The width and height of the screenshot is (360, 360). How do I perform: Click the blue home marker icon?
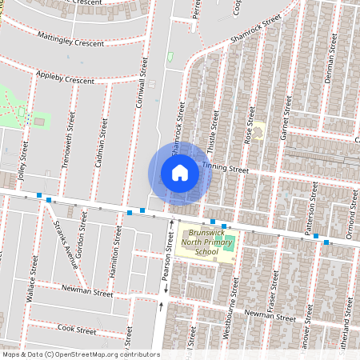[180, 173]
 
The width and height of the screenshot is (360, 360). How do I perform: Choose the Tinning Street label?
[226, 169]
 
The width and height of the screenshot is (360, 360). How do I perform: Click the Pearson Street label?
[169, 265]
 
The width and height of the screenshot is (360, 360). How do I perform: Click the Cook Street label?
[77, 330]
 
